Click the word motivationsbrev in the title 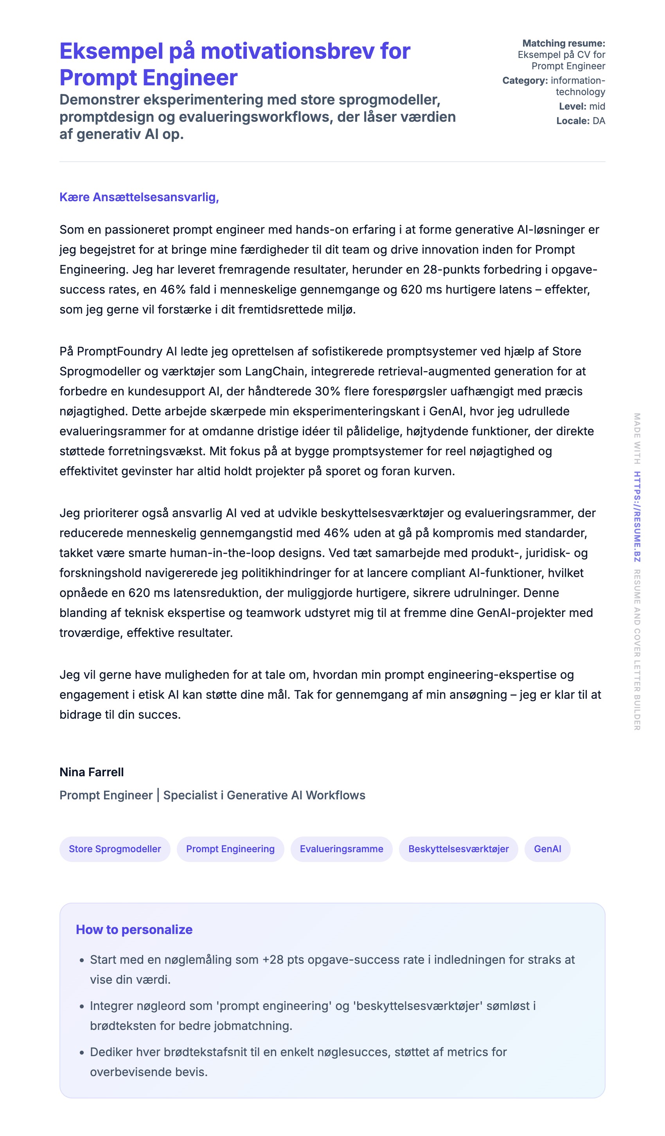pos(287,51)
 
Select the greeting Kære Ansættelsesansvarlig pos(139,197)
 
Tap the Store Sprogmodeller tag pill pos(115,849)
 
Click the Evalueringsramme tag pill pos(341,849)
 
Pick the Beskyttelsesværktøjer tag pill pos(458,849)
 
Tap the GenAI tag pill pos(547,849)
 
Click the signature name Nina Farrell pos(92,772)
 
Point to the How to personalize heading pos(134,930)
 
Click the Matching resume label pos(563,43)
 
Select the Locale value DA pos(599,121)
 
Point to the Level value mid pos(597,106)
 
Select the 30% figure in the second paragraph pos(327,391)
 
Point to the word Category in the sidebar pos(525,81)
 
